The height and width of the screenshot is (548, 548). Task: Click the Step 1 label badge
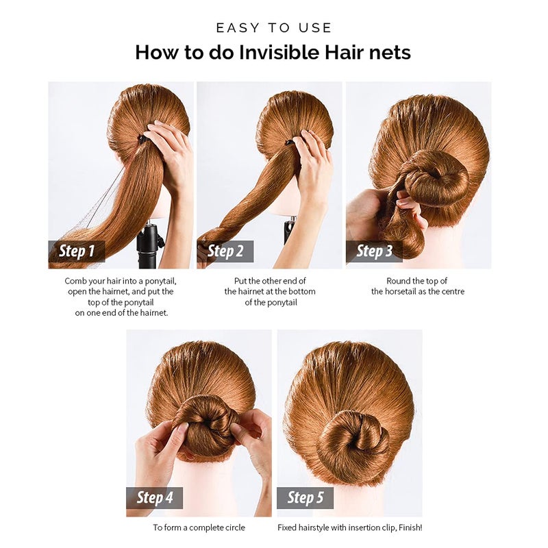(77, 251)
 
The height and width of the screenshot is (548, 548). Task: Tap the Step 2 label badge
(225, 251)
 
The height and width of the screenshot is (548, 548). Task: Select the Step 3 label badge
(374, 251)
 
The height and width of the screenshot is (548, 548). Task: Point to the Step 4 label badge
(155, 497)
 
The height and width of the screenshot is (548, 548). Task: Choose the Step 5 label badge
(305, 497)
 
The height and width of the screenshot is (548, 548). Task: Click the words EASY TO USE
(273, 28)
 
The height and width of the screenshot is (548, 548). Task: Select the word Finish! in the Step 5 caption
(408, 528)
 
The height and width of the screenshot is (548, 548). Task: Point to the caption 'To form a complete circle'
(199, 528)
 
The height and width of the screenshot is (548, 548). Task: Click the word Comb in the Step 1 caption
(76, 281)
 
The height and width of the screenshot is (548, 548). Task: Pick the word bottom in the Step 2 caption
(291, 291)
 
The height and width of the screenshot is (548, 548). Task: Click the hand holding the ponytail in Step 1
(168, 147)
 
